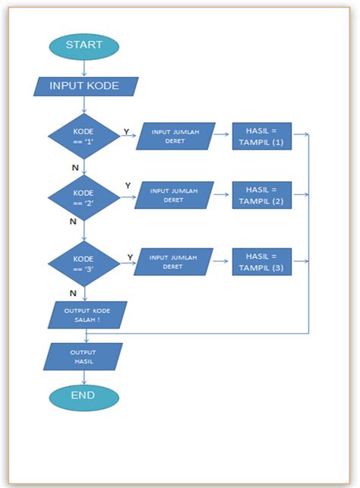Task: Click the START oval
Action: point(84,46)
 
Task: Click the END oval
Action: point(84,395)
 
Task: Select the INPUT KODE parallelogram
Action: point(85,86)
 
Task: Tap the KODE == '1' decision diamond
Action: point(84,137)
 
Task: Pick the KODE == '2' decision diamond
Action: point(84,199)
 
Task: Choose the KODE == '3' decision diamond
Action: point(84,263)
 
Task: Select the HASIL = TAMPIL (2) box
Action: point(261,195)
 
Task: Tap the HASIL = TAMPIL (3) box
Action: point(261,261)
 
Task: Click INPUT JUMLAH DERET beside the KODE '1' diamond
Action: point(175,137)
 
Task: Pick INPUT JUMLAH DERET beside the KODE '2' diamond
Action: point(174,195)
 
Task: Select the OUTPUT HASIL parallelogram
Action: point(83,357)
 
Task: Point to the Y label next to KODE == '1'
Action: point(126,131)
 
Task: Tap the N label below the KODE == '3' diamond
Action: point(73,293)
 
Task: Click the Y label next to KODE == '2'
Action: point(128,186)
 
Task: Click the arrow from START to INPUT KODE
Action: point(84,67)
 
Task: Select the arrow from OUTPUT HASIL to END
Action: point(84,377)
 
